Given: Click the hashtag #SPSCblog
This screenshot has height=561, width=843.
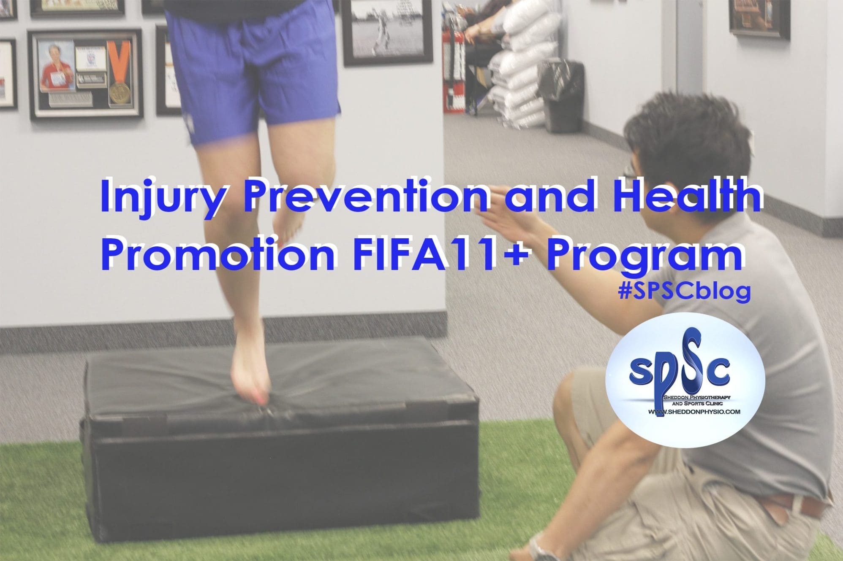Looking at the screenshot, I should tap(684, 291).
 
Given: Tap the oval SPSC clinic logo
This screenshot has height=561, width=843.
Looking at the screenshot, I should tap(685, 380).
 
